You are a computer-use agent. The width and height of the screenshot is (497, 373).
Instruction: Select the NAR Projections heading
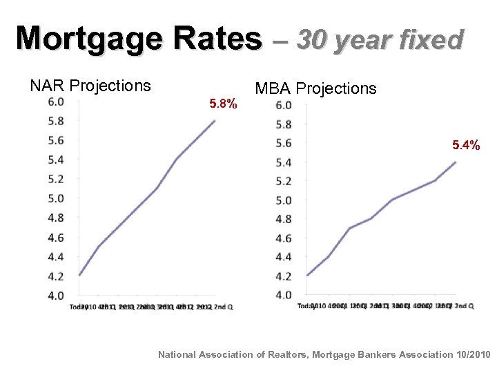pos(90,86)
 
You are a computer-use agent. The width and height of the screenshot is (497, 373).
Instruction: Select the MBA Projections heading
pos(315,88)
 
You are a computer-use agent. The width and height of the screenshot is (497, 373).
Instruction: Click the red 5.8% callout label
pos(223,104)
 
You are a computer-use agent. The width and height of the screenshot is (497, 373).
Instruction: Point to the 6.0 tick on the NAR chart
pos(56,102)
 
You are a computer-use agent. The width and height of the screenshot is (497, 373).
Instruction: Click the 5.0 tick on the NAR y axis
pos(56,198)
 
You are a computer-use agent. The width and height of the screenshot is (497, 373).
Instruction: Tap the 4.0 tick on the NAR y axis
pos(56,295)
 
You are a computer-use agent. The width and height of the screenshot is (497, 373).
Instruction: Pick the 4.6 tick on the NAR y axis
pos(56,237)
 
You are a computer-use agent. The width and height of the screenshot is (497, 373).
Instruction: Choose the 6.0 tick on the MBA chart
pos(283,105)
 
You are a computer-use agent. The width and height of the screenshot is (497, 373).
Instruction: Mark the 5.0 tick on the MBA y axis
pos(283,200)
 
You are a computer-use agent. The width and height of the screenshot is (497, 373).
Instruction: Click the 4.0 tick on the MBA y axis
pos(283,295)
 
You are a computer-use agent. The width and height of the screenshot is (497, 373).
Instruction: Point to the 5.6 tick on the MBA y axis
pos(283,143)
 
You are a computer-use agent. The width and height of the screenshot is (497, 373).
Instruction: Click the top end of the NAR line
pos(215,120)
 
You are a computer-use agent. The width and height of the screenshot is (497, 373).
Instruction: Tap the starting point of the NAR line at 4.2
pos(80,275)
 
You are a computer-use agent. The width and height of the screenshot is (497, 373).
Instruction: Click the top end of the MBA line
pos(456,162)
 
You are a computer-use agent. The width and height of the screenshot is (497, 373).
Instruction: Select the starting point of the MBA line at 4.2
pos(307,276)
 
